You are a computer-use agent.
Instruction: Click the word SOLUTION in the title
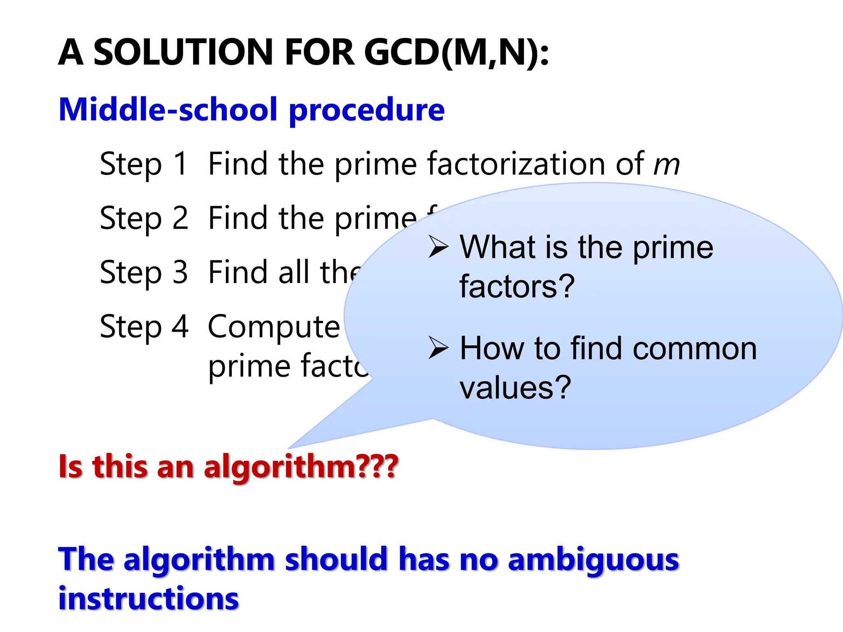(x=183, y=52)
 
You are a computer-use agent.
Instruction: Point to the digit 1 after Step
(x=180, y=164)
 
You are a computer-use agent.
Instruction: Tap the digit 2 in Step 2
(x=180, y=218)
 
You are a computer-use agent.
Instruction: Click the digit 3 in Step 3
(x=180, y=272)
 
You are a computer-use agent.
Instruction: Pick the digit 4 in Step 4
(x=180, y=327)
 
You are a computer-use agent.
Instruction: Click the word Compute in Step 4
(x=274, y=327)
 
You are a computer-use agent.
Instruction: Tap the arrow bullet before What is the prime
(x=438, y=246)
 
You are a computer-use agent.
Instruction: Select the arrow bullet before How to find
(x=438, y=348)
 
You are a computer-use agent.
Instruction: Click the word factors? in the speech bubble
(x=517, y=286)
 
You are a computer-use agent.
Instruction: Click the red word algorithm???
(x=300, y=467)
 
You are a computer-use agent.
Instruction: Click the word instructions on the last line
(x=149, y=599)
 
